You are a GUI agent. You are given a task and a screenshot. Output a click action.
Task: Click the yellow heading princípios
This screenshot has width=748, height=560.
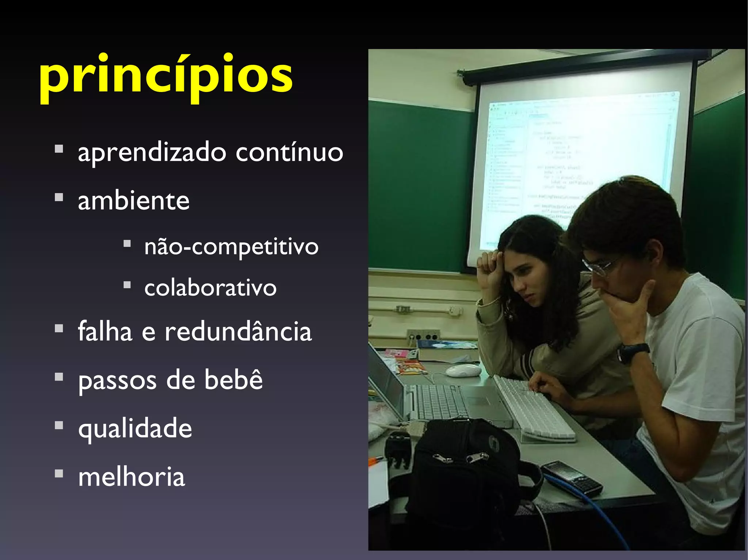click(166, 77)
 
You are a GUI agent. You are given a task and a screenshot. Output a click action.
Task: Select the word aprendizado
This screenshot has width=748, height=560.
click(152, 152)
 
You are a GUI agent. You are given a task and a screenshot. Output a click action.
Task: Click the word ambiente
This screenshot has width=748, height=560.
click(134, 201)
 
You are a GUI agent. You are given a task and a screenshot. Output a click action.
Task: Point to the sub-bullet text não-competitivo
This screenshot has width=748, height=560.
click(231, 247)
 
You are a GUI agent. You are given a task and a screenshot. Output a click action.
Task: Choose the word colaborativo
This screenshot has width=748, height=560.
click(210, 288)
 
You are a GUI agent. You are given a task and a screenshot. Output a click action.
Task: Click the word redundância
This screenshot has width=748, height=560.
click(238, 332)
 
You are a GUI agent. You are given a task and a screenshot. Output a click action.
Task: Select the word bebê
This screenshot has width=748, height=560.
click(233, 380)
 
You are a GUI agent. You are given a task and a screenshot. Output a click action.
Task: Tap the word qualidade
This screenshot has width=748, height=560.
click(135, 429)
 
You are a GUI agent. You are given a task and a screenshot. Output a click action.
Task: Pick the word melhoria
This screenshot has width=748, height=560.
click(131, 477)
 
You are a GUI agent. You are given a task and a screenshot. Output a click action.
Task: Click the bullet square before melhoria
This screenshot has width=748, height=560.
click(59, 474)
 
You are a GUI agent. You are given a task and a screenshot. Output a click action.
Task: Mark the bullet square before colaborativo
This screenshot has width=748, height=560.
click(127, 285)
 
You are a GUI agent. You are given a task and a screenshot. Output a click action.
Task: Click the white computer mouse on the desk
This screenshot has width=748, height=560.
click(463, 370)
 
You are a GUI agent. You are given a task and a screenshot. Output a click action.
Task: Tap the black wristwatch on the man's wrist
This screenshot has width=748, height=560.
click(632, 352)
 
